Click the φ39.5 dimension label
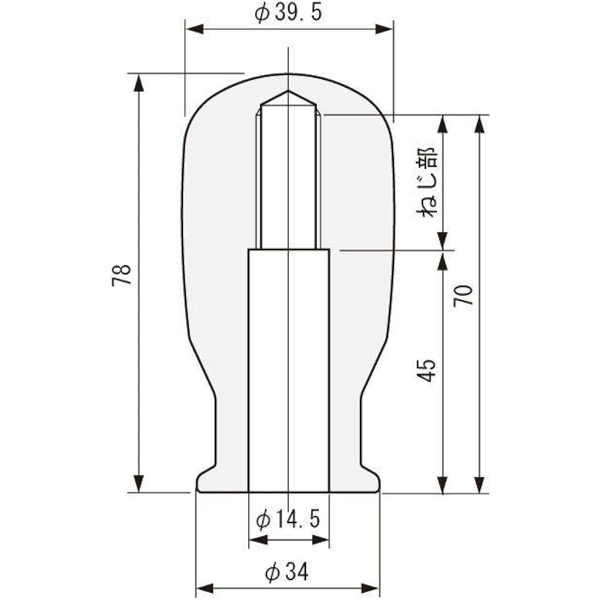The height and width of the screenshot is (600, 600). click(x=289, y=13)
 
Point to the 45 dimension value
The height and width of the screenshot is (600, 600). click(x=427, y=371)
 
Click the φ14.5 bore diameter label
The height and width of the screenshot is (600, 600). click(x=288, y=519)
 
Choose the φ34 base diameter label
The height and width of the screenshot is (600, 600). click(x=287, y=573)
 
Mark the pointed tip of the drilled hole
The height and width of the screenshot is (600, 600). click(x=289, y=92)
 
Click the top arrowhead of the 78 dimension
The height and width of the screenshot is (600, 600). click(x=139, y=82)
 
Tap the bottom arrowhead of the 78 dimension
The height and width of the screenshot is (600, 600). click(x=139, y=484)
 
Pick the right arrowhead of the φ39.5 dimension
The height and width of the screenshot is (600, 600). click(x=384, y=29)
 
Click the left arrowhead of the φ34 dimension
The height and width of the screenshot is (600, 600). click(x=205, y=587)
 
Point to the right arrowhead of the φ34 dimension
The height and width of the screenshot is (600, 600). click(x=371, y=587)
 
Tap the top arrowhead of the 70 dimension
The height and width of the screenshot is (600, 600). click(x=479, y=123)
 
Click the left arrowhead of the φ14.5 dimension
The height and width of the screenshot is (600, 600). click(x=257, y=540)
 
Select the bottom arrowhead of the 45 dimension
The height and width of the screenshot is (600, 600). click(x=443, y=484)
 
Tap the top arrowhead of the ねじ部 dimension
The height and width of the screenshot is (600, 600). click(x=443, y=123)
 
